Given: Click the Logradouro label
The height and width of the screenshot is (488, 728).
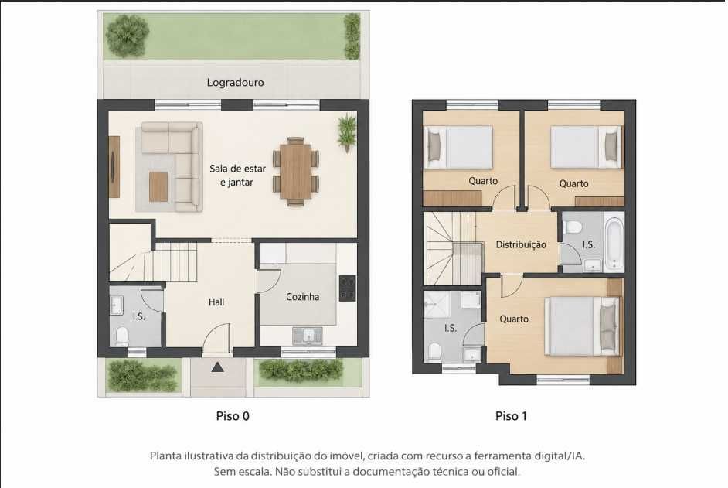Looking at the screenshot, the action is (x=235, y=83).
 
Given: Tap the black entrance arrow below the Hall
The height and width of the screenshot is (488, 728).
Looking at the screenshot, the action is (x=217, y=367).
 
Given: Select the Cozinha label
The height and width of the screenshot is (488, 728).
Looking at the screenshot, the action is (x=302, y=296).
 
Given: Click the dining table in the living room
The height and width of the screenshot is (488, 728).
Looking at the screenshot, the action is (x=296, y=172).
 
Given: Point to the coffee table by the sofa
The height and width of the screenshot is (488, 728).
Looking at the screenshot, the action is (x=158, y=187).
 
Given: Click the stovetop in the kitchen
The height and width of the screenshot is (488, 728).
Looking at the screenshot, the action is (x=347, y=288).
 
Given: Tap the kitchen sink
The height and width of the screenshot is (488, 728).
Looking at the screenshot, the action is (x=308, y=336).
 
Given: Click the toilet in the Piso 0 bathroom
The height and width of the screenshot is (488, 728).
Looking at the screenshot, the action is (x=122, y=336).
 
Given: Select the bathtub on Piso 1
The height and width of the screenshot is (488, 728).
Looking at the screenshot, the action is (x=614, y=244).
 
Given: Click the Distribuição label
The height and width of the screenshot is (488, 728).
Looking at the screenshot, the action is (x=520, y=244).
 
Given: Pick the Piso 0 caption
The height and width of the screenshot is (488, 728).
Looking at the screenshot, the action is (x=233, y=416).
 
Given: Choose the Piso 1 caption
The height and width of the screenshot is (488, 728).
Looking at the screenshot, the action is (x=511, y=416).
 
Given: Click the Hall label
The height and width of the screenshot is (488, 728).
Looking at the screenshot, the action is (x=216, y=302).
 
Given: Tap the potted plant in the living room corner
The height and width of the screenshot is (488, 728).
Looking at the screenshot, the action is (x=347, y=132).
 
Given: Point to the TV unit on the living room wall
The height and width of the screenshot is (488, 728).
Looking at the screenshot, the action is (x=114, y=167).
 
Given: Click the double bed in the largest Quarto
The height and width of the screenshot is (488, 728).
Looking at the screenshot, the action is (x=582, y=326).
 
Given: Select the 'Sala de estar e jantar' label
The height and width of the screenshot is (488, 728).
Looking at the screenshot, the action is (x=237, y=176).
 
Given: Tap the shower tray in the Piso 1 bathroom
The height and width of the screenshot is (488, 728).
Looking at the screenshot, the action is (x=436, y=305).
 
